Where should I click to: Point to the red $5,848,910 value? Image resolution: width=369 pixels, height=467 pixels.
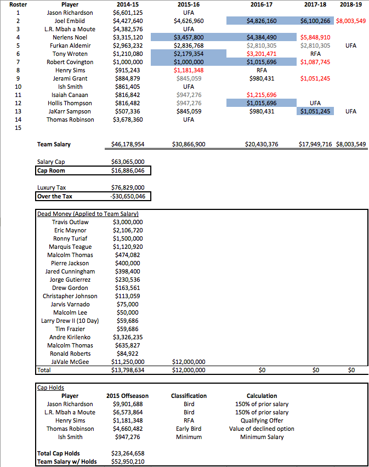pos(315,37)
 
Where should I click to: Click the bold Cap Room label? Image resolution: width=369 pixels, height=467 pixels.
pos(52,170)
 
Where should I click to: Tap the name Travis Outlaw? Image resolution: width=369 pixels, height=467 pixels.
pos(70,222)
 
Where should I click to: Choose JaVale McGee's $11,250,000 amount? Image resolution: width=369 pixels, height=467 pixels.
pos(128,362)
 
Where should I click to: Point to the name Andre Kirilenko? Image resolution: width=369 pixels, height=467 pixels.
pos(70,337)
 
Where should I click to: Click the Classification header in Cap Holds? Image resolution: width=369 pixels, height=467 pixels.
pos(189,395)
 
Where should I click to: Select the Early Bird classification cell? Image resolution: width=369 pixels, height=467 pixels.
pos(189,429)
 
